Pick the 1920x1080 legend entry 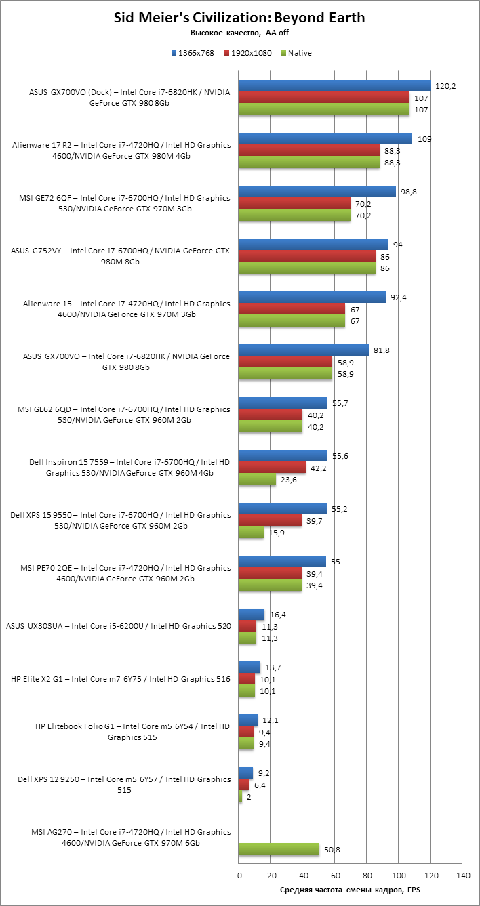click(x=247, y=53)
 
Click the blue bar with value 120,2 click(x=334, y=85)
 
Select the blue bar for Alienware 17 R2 click(x=325, y=138)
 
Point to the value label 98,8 click(x=409, y=192)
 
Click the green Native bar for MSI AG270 click(x=279, y=849)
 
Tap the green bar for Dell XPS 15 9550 click(x=252, y=533)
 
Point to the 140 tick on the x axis click(x=463, y=876)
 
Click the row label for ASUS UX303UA click(x=118, y=626)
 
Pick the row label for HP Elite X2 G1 click(x=121, y=678)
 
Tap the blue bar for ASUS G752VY click(x=313, y=244)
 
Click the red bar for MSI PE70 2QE click(x=270, y=573)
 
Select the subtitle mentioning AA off click(x=239, y=33)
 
